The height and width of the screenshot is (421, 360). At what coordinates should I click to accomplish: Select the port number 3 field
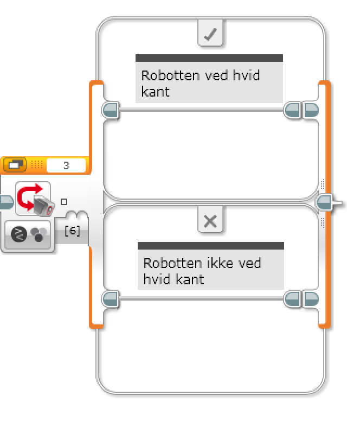click(66, 165)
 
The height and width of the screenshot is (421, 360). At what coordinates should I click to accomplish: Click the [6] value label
click(72, 231)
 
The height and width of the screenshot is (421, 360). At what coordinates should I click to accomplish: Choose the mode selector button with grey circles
click(28, 235)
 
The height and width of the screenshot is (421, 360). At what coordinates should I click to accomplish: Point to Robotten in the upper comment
click(165, 75)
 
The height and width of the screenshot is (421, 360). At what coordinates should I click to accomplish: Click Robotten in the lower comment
click(167, 264)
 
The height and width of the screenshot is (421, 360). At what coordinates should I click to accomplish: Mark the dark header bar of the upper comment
click(209, 58)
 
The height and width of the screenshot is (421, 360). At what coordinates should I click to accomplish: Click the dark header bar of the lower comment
click(210, 246)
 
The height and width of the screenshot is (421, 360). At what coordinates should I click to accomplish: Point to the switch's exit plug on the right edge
click(327, 203)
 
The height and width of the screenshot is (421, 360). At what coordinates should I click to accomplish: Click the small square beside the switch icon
click(64, 202)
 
